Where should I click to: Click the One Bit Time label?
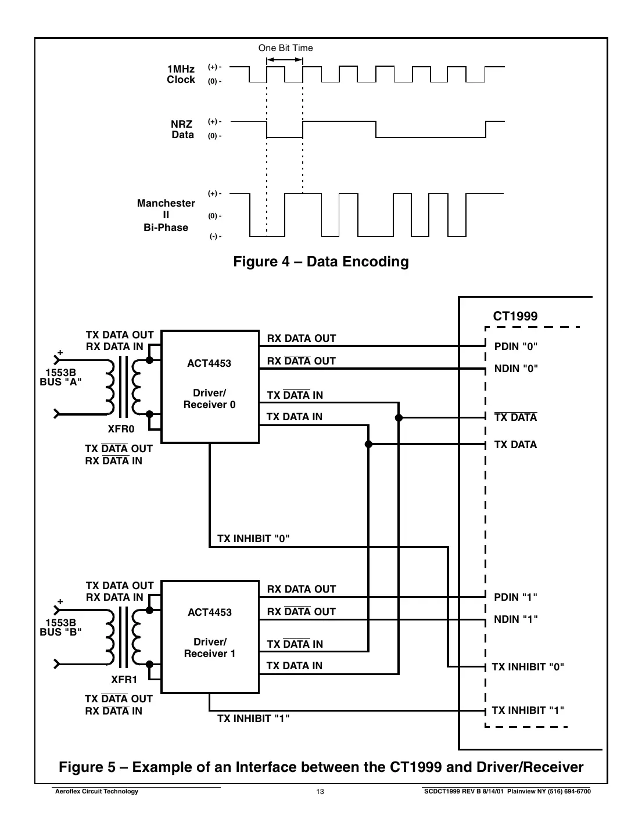click(x=285, y=48)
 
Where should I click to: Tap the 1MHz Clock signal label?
click(x=181, y=75)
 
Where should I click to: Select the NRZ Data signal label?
click(x=182, y=129)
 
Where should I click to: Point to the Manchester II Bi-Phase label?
click(x=166, y=215)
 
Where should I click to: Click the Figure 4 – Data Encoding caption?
click(x=321, y=262)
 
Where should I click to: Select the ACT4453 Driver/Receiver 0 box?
click(x=210, y=387)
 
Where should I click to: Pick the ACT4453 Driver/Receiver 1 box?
click(x=210, y=636)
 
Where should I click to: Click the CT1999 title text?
click(x=515, y=316)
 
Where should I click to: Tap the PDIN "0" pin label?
click(x=516, y=347)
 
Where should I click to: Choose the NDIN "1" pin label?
click(x=516, y=619)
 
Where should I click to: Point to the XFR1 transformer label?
click(x=124, y=680)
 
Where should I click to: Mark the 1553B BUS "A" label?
click(x=60, y=377)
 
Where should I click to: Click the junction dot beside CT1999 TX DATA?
click(x=368, y=445)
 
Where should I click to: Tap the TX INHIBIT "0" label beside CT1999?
click(x=528, y=667)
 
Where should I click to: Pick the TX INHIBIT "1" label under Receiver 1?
click(x=253, y=719)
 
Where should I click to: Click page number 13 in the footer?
click(x=320, y=792)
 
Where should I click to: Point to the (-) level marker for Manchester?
click(x=215, y=237)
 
